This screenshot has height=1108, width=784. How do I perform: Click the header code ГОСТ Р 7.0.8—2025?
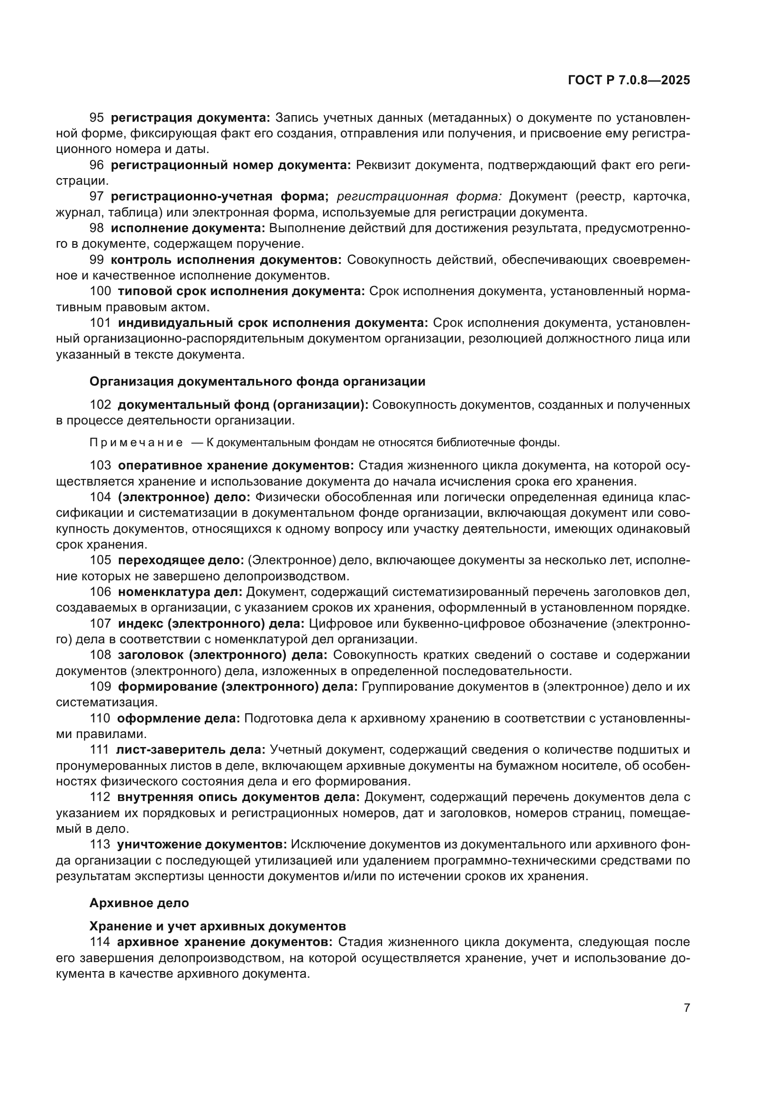(629, 81)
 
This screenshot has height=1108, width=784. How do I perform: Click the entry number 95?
(97, 118)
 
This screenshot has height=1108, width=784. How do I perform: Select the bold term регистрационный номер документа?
(231, 165)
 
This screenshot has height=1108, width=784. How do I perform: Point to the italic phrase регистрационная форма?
(419, 197)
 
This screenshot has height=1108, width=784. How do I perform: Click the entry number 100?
(100, 291)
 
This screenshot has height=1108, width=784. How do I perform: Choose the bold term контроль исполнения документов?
(226, 260)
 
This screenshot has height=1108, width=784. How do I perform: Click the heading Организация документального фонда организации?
(257, 382)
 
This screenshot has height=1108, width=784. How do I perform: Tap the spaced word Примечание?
(136, 442)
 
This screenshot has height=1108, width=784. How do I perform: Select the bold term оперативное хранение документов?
(236, 465)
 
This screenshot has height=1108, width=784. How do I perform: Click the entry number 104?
(100, 497)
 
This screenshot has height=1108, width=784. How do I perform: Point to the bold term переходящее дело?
(181, 560)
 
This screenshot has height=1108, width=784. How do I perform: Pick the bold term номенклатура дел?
(180, 592)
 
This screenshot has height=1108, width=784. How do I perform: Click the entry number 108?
(100, 655)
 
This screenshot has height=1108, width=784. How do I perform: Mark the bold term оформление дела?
(178, 718)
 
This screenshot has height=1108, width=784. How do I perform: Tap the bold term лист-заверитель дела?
(190, 749)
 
